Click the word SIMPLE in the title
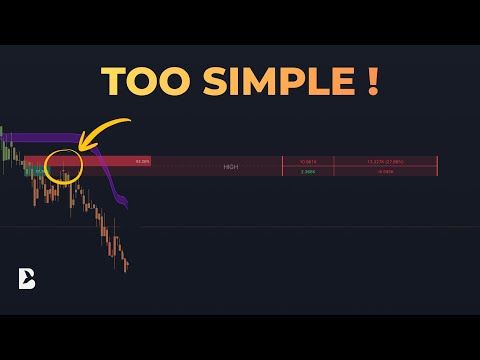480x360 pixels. (272, 82)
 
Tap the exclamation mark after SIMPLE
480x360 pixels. (371, 82)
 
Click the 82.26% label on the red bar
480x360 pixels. (142, 161)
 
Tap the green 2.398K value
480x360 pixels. (308, 171)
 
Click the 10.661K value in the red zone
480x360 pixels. (308, 161)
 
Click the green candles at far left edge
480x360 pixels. (6, 150)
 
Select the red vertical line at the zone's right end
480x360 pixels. (437, 166)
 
